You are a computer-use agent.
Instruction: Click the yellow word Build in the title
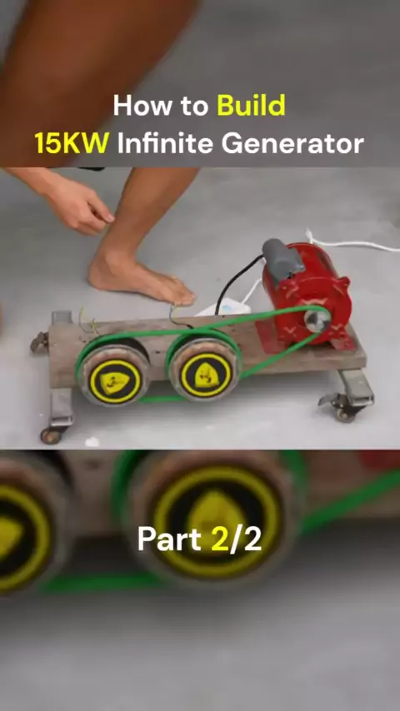pos(251,106)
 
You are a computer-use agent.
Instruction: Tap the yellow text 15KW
pos(72,143)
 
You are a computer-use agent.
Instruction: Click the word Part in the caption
pos(169,539)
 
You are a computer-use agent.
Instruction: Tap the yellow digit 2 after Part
pos(220,539)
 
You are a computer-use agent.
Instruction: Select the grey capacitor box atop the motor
pos(282,259)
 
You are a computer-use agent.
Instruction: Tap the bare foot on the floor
pos(141,276)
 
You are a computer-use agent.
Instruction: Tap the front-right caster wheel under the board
pos(345,414)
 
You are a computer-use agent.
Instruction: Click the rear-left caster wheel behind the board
pos(39,343)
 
